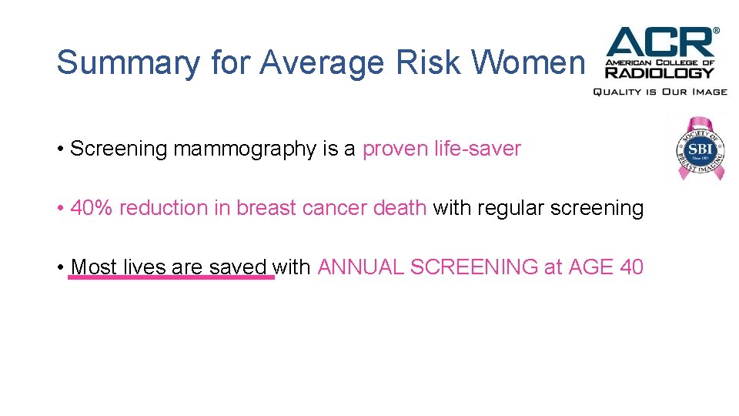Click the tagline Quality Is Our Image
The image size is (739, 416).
tap(659, 92)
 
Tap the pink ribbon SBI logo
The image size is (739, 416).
tap(701, 147)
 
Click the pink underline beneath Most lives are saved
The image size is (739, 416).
tap(171, 277)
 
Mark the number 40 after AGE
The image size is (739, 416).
tap(631, 267)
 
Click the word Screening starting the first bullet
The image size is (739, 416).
tap(119, 149)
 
